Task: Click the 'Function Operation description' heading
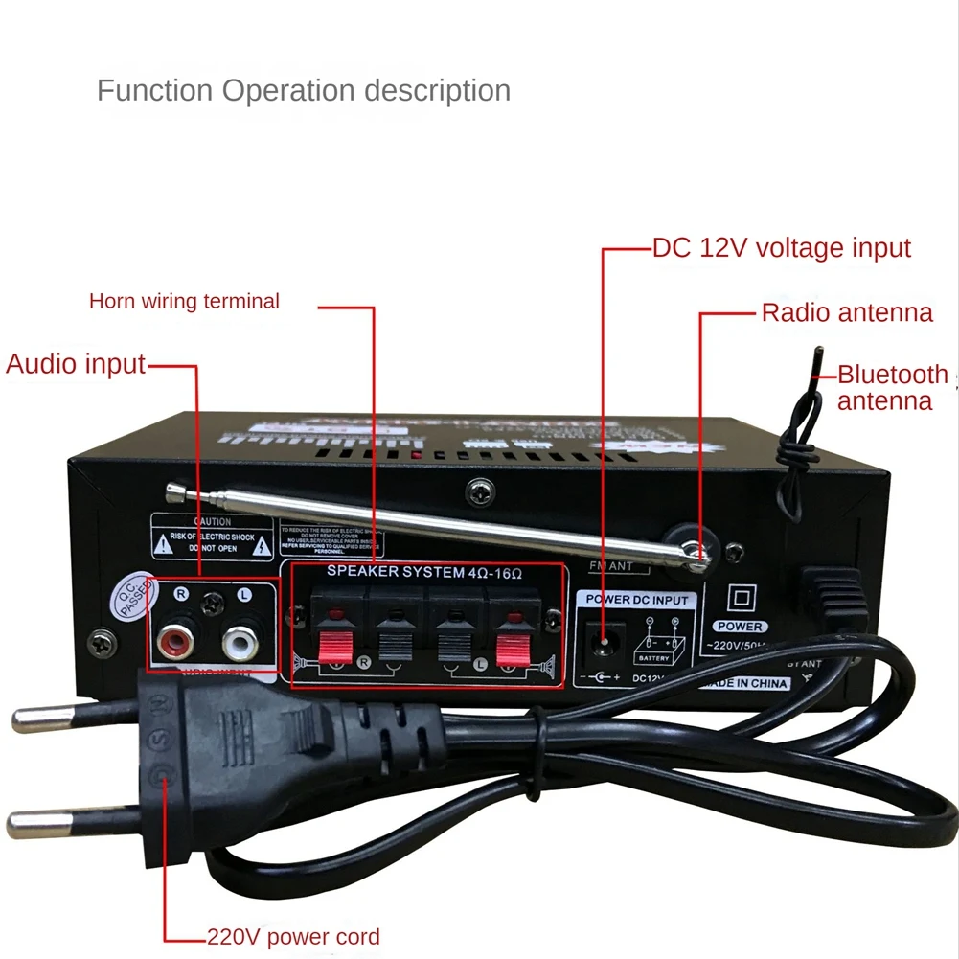[x=304, y=91]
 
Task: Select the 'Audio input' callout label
[x=76, y=364]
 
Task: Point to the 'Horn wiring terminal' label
[x=184, y=301]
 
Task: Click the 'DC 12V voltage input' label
[x=782, y=248]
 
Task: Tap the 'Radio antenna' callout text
[x=847, y=312]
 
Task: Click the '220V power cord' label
[x=293, y=937]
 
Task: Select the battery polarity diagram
[x=655, y=641]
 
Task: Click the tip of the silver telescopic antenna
[x=174, y=491]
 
